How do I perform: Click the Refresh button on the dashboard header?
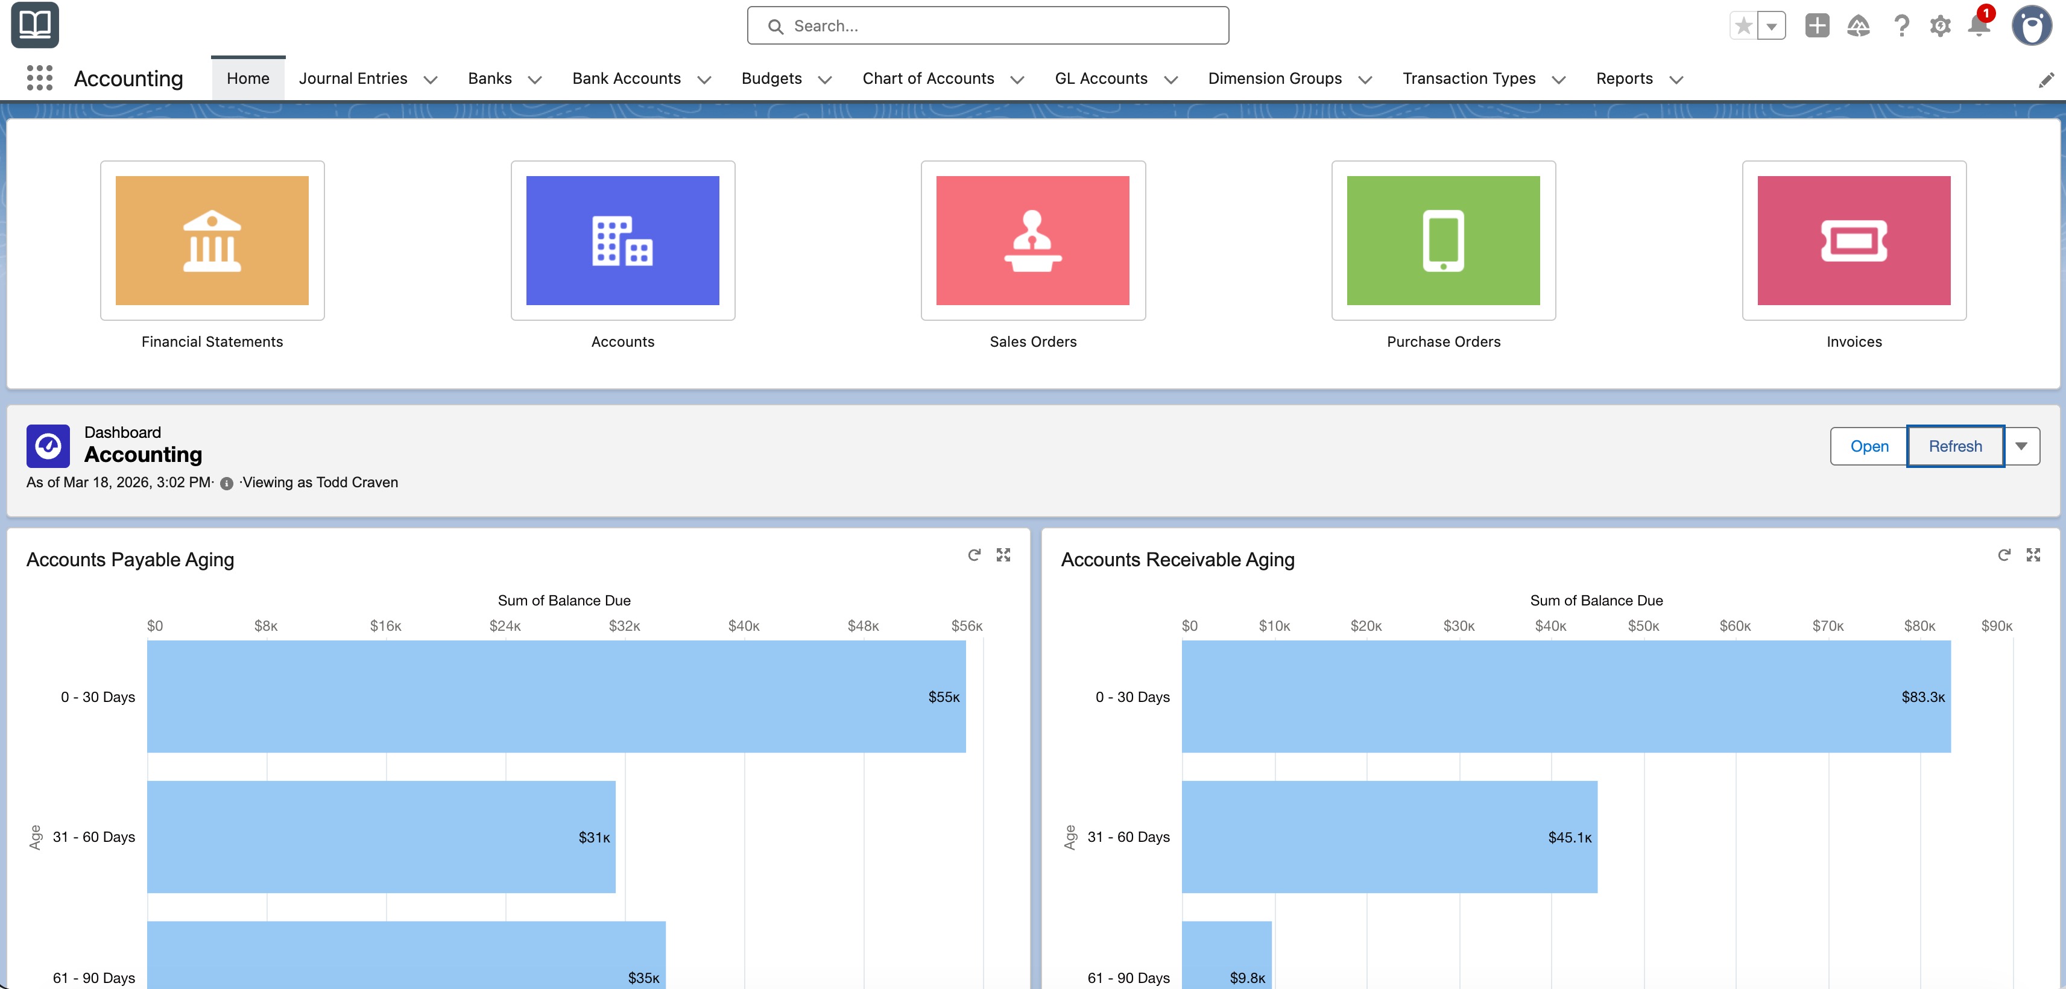1954,446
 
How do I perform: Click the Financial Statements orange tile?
212,241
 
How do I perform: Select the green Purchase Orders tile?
1443,241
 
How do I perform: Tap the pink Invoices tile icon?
1854,241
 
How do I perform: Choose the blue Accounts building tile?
622,241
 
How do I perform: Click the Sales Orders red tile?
1032,241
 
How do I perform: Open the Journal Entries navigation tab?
353,78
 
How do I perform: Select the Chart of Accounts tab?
928,78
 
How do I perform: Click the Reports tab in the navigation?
1624,78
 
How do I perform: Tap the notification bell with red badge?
1979,26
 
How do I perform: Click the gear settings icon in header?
1939,26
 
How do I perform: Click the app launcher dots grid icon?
39,78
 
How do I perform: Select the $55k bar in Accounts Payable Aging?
556,697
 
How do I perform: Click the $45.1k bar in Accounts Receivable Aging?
1389,836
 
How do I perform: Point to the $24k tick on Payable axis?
505,625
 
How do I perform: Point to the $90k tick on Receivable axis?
1996,625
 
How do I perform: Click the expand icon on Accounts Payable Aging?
1003,555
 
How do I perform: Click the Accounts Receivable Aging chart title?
1177,560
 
